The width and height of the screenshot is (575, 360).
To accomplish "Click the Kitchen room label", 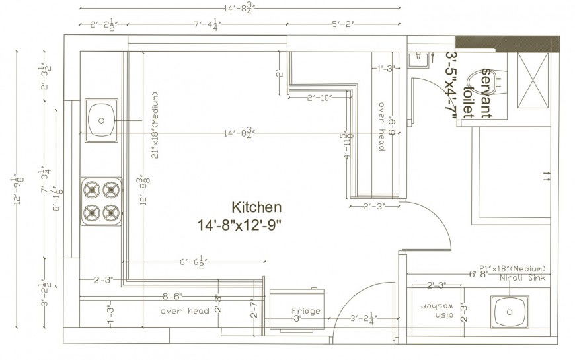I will click(x=256, y=207).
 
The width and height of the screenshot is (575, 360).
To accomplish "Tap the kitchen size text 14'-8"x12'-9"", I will click(x=239, y=225).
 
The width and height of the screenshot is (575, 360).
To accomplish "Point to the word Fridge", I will click(x=306, y=311).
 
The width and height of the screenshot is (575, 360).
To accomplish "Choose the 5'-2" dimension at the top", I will click(x=343, y=24).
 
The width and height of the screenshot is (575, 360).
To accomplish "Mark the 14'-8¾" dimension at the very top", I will click(x=239, y=9).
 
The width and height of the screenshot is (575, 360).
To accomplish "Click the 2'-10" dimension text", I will click(x=319, y=98).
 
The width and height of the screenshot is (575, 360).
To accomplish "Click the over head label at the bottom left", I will click(x=185, y=311).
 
